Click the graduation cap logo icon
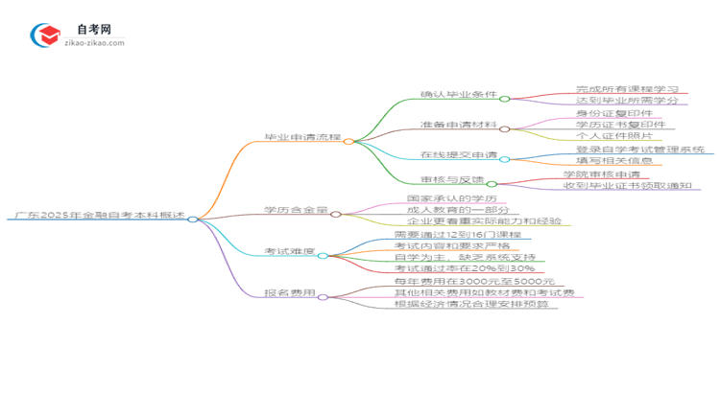tap(44, 35)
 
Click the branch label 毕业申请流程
tap(301, 140)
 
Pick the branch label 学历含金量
tap(296, 211)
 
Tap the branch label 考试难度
tap(290, 253)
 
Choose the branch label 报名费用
tap(290, 295)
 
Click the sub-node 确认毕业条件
tap(459, 97)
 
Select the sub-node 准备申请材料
tap(459, 126)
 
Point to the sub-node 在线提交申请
tap(459, 155)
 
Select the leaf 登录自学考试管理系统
tap(639, 150)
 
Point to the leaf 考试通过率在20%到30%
tap(451, 269)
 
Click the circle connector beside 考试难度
tap(323, 256)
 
